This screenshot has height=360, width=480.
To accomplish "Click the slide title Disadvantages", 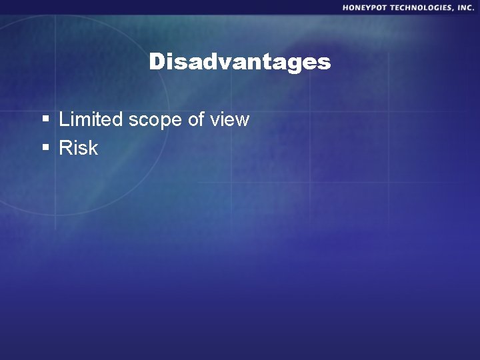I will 240,62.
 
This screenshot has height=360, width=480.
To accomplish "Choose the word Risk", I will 79,148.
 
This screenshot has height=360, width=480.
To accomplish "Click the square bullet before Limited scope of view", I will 46,120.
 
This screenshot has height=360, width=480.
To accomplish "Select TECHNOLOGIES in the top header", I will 421,8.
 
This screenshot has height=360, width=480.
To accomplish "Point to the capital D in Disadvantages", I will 157,62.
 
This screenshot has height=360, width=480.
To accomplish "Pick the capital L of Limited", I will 64,120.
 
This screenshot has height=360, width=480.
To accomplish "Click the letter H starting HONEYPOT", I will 346,8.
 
